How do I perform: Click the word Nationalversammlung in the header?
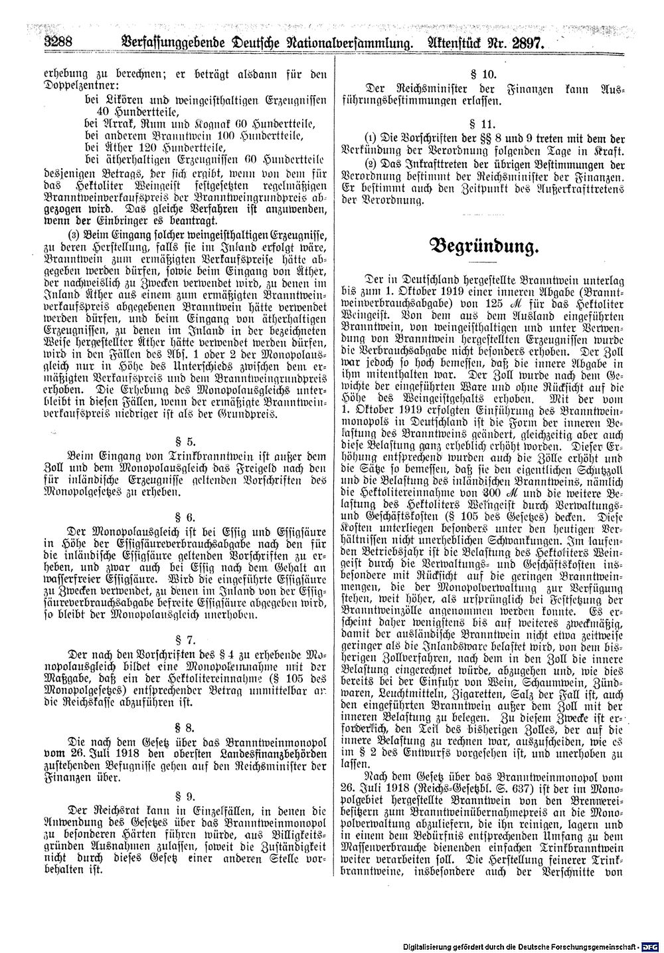338,44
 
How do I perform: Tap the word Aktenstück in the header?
452,44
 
